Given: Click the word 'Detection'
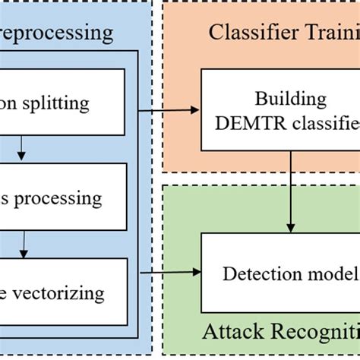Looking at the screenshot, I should click(x=257, y=273).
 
